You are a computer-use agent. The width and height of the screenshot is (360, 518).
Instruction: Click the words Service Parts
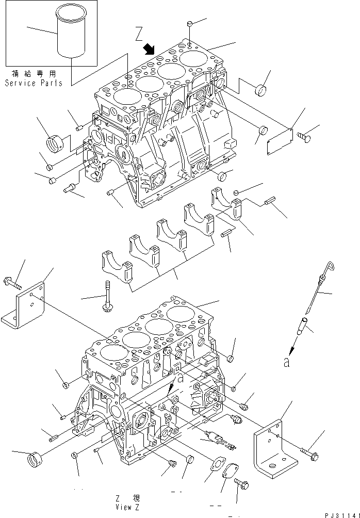tap(34, 83)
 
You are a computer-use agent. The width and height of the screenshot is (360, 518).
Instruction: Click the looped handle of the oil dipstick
tap(330, 267)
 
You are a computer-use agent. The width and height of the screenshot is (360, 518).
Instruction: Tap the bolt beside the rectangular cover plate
tap(303, 137)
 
